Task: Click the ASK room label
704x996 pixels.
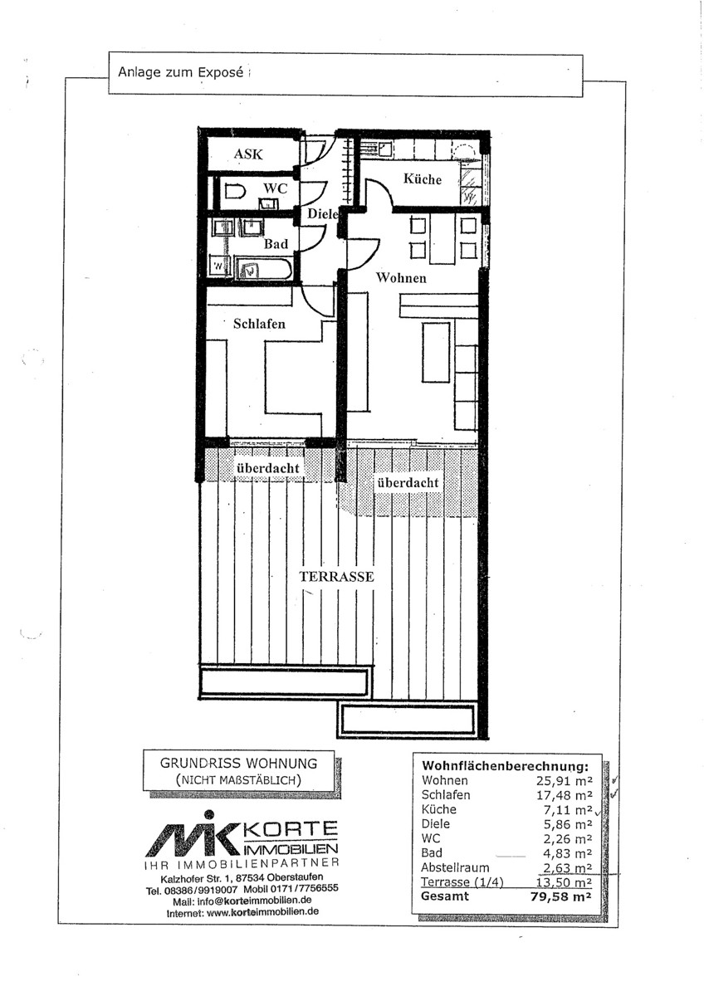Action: click(248, 154)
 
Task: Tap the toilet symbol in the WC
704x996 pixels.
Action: click(235, 192)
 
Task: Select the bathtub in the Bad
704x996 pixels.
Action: click(263, 268)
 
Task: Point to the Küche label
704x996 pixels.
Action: click(422, 178)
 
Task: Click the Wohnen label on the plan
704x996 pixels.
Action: click(401, 278)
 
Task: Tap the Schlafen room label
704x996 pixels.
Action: click(259, 324)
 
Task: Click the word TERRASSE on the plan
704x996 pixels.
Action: click(336, 577)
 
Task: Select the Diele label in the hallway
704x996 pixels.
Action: click(323, 214)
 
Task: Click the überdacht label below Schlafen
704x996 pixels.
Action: click(267, 468)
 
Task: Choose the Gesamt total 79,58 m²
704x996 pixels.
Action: click(561, 896)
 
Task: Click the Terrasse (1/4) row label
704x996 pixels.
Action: click(462, 881)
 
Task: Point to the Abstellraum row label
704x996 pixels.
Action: click(455, 867)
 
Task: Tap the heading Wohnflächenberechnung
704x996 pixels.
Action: click(505, 766)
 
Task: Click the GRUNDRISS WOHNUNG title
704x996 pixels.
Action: click(239, 764)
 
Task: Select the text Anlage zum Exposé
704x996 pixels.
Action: click(180, 72)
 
